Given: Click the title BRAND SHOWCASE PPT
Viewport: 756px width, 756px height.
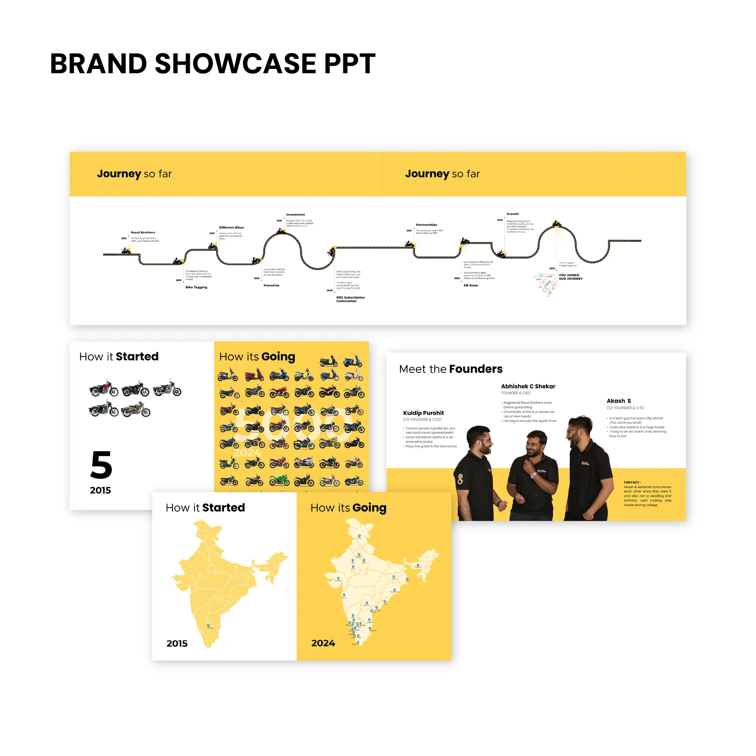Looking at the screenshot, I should click(x=213, y=64).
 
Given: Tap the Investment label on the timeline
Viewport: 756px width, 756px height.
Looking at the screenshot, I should click(x=295, y=215).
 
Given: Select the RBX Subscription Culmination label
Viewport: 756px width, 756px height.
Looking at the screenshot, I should click(x=350, y=299).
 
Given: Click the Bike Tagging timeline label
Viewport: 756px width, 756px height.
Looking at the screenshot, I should click(x=196, y=287).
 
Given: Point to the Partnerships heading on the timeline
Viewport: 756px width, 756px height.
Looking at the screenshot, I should click(x=426, y=225).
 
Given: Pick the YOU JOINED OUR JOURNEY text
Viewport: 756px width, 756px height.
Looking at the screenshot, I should click(x=570, y=277).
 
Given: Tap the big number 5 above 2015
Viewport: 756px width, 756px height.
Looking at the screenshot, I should click(x=101, y=465).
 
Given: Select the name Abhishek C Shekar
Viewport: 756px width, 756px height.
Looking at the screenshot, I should click(x=528, y=386).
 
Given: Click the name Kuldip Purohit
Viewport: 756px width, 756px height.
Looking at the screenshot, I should click(x=423, y=413).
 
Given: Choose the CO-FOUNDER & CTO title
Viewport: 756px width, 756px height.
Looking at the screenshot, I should click(x=625, y=408).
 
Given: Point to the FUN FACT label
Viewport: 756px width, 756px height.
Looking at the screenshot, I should click(x=632, y=482).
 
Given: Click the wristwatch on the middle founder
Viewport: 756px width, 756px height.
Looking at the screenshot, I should click(x=533, y=475).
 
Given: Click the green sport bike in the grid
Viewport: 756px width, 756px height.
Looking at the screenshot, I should click(x=279, y=480).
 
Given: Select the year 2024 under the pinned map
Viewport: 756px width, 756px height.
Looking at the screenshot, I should click(x=323, y=643).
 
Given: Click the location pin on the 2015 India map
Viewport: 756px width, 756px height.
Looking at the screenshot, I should click(x=208, y=625).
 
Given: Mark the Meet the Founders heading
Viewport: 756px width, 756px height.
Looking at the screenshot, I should click(x=450, y=369).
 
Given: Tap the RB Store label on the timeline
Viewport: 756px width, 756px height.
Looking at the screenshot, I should click(x=471, y=285).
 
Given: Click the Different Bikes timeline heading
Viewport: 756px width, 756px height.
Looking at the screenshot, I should click(x=231, y=228).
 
